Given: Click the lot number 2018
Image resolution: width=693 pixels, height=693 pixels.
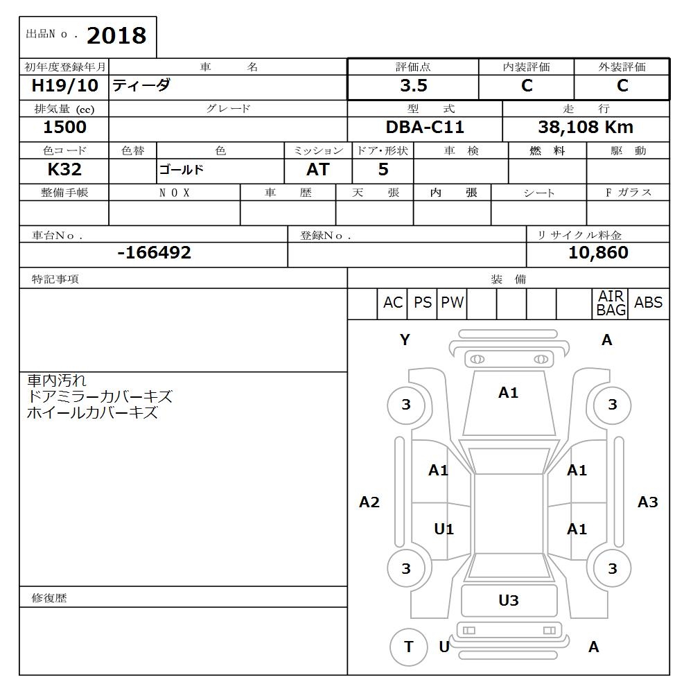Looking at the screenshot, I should [x=116, y=35].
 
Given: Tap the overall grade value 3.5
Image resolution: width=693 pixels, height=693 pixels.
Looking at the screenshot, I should [x=413, y=86].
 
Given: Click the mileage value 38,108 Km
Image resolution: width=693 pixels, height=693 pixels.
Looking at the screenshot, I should [x=586, y=128].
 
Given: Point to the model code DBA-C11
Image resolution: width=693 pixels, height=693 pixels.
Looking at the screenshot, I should [x=425, y=128].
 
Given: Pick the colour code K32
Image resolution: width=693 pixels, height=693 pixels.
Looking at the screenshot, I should [x=64, y=170].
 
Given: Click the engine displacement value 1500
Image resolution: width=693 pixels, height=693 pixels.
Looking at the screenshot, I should [x=64, y=128].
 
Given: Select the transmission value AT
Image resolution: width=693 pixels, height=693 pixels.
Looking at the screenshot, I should [x=318, y=170].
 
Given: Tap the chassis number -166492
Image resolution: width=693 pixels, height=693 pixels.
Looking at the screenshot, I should [x=154, y=253].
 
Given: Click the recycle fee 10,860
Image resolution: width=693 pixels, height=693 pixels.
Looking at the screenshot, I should [x=598, y=253].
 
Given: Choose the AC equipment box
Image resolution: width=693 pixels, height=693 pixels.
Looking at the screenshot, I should [x=392, y=303].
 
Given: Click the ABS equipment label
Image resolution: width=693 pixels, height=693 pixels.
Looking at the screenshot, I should [x=648, y=303].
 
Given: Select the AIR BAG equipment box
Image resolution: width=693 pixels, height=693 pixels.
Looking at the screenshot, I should [x=611, y=304].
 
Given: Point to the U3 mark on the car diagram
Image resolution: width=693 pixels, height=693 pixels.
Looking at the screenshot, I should [x=509, y=601].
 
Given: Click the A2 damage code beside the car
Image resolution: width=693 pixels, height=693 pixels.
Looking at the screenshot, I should [x=369, y=502].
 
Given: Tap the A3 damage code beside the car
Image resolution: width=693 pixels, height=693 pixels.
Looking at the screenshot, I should [x=647, y=502].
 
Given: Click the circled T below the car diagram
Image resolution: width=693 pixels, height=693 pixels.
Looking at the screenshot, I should [x=408, y=647].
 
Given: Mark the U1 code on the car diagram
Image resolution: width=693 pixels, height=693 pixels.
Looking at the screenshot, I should [x=444, y=529].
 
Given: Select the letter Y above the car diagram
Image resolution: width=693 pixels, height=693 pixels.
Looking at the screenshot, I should [x=405, y=340].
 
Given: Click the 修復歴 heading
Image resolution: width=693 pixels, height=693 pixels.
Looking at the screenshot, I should [x=49, y=597].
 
